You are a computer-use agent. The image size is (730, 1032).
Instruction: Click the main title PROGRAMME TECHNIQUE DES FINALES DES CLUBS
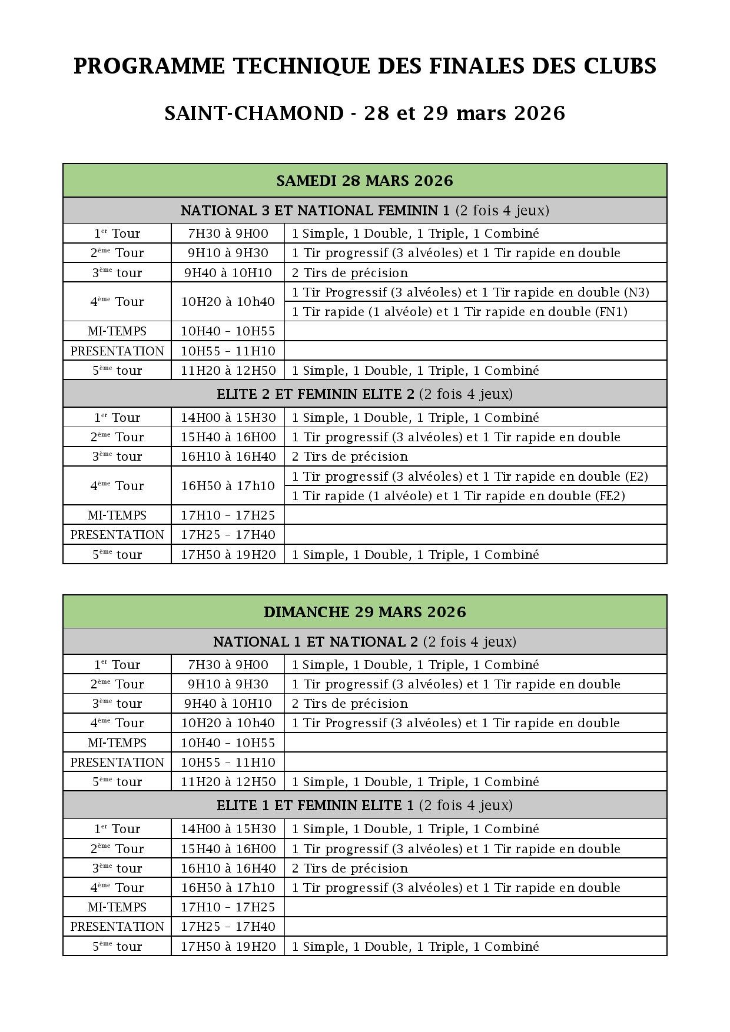pos(364,66)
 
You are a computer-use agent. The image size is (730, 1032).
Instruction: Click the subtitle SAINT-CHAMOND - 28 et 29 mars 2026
pos(364,113)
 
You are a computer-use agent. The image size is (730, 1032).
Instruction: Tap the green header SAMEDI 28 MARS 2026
pos(364,181)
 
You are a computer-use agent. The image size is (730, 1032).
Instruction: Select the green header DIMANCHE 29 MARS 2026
pos(364,612)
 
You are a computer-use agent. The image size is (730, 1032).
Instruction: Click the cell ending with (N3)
pos(470,292)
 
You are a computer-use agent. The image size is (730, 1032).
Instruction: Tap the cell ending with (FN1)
pos(459,312)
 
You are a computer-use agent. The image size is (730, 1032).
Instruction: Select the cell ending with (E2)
pos(469,477)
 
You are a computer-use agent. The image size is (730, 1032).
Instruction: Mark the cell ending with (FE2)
pos(458,496)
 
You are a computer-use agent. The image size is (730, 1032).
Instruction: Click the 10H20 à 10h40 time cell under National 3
pos(228,302)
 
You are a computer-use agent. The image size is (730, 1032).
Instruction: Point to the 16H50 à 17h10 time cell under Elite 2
pos(228,486)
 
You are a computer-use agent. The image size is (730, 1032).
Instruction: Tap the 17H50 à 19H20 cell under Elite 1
pos(228,947)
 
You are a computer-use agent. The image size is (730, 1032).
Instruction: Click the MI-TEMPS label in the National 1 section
pos(117,743)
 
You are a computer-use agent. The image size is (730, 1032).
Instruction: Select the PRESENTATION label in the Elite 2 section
pos(117,535)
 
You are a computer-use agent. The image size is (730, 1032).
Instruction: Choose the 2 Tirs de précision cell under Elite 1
pos(350,868)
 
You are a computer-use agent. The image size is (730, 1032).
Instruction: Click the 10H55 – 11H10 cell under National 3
pos(228,351)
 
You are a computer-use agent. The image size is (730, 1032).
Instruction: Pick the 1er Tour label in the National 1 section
pos(117,665)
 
